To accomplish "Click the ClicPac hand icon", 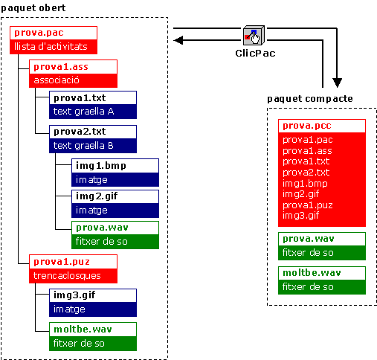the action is click(254, 35).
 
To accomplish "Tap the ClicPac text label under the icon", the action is click(255, 54).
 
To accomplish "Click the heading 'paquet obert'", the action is click(33, 8).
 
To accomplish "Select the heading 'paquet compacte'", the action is click(310, 99).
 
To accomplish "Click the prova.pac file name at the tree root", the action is click(39, 33).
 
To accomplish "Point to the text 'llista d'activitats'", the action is click(51, 46).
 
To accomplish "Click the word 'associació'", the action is click(57, 80).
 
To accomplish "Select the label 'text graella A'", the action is click(83, 112).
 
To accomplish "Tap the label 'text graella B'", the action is click(83, 146).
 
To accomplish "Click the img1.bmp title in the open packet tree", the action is click(101, 166).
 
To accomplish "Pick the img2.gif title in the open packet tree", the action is click(97, 196).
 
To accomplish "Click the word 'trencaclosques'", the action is click(67, 276).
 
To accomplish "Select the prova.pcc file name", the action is click(307, 126).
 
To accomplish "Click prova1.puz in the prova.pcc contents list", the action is click(308, 205).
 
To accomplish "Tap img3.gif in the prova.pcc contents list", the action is click(300, 216).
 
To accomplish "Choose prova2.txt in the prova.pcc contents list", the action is click(306, 173).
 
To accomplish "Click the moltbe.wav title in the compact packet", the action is click(312, 273).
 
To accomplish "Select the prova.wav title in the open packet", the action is click(102, 228).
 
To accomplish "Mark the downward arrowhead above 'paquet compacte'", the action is click(337, 83).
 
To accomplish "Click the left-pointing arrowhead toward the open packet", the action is click(178, 40).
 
